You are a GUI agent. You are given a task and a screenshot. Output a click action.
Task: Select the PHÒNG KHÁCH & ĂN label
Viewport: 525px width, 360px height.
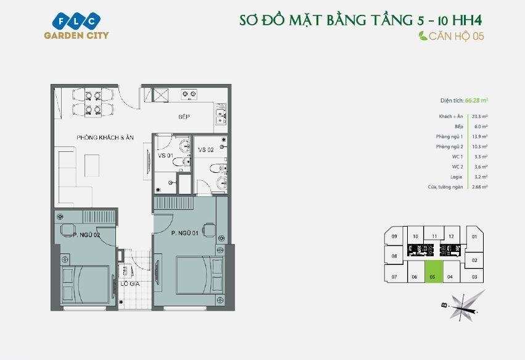(x=103, y=137)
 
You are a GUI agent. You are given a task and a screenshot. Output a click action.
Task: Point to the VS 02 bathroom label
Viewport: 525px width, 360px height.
(x=205, y=150)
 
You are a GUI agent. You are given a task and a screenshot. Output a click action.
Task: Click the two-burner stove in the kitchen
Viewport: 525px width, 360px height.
(x=189, y=95)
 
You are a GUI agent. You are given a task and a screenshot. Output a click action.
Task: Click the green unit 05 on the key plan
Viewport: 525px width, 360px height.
(x=432, y=277)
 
